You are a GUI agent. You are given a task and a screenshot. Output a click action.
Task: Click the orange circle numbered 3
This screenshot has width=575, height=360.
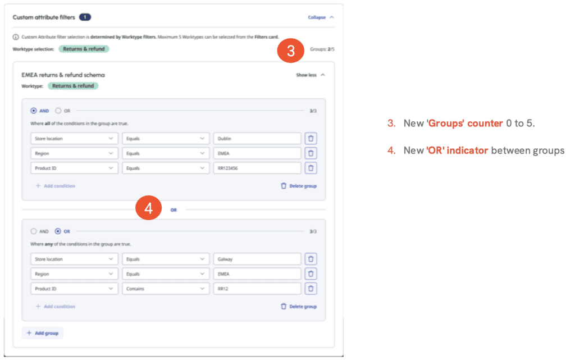tap(290, 51)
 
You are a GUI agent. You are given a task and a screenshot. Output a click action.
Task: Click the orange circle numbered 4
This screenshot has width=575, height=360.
tap(148, 208)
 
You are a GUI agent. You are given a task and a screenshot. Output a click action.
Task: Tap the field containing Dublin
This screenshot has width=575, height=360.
tap(257, 139)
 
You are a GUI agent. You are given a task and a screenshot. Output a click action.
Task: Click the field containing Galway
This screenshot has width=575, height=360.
tap(257, 259)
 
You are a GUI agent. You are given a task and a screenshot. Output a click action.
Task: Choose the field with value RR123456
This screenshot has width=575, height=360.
tap(257, 168)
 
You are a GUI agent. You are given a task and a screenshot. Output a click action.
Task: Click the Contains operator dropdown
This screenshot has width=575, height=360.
tap(165, 289)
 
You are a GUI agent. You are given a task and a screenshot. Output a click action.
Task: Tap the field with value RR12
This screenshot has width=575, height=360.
tap(257, 289)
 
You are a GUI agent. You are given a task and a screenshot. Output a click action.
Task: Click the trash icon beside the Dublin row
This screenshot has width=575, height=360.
tap(311, 139)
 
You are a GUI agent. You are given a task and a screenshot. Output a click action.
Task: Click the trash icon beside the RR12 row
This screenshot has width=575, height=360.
tap(311, 289)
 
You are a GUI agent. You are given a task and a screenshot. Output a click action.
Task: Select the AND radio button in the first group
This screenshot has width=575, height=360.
tap(34, 111)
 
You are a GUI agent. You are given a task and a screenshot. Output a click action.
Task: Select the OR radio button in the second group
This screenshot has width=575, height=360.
tap(58, 231)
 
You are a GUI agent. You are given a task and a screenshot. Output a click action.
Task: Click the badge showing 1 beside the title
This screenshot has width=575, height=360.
tap(85, 17)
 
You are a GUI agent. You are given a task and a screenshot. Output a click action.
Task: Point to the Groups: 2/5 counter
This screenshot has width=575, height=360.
tap(322, 49)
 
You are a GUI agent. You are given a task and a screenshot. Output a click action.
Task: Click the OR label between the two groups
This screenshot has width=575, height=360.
tap(174, 210)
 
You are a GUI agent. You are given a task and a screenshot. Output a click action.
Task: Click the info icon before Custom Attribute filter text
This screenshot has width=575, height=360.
tap(16, 37)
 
